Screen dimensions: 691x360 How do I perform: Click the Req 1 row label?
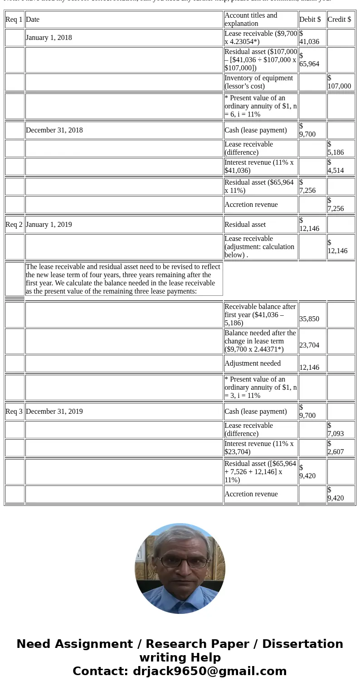coord(14,20)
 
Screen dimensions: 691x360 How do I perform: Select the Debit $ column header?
coord(310,20)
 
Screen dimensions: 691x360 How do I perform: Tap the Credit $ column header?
coord(339,20)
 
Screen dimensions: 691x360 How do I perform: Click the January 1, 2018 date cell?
coord(49,38)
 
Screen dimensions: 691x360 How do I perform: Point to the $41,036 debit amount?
coord(309,38)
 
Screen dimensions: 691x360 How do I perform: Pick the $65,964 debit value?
coord(309,60)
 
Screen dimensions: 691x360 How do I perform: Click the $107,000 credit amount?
coord(339,82)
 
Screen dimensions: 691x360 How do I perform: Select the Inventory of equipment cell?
coord(259,82)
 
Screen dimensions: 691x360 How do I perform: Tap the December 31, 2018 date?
coord(54,130)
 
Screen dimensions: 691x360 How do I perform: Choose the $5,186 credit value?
coord(336,148)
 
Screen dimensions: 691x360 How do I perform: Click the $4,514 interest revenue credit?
coord(336,167)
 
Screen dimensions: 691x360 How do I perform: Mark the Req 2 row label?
coord(14,225)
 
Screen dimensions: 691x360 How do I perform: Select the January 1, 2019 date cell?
coord(49,225)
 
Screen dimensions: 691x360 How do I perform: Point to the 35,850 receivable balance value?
coord(309,319)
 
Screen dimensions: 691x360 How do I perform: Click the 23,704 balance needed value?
coord(309,345)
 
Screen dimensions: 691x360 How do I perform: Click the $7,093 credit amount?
coord(336,430)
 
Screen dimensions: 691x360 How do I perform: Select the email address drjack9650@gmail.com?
coord(209,671)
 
